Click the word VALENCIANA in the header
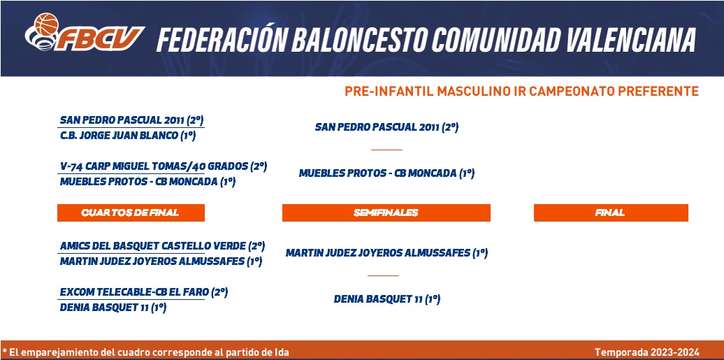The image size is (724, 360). point(631,40)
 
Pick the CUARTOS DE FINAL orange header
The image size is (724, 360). point(131,213)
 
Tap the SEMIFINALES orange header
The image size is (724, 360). point(386,213)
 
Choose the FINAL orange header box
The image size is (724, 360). point(611,213)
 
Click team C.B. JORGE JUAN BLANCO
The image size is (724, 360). point(128,136)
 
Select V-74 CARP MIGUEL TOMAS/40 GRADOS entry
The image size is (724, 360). point(164,166)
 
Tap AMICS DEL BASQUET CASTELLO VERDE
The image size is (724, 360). point(163,246)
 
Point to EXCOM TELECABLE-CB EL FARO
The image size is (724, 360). point(144,292)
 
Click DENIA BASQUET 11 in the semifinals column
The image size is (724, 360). point(387,299)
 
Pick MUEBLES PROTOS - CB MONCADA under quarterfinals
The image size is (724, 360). point(147,182)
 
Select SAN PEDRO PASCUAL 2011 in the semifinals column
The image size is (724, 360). point(386,127)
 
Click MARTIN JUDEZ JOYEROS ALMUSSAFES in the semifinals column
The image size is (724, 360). point(387,253)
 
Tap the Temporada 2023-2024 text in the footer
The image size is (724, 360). point(647,352)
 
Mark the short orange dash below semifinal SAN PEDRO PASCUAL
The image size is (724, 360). point(386,150)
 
